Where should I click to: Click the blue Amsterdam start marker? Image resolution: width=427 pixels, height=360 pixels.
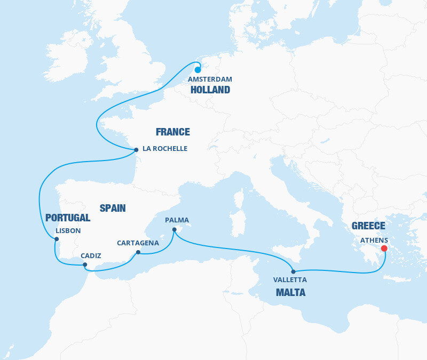point(197,69)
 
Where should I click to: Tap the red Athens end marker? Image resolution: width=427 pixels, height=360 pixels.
point(384,247)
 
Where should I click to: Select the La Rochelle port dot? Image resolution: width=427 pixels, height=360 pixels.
point(136,149)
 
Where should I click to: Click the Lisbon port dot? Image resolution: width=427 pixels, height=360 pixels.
point(56,239)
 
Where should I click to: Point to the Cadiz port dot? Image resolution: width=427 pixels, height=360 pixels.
point(85,264)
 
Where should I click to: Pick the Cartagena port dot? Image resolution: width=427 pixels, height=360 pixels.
point(138,252)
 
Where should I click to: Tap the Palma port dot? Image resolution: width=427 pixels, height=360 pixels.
point(174,230)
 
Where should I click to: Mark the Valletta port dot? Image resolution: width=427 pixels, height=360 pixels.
point(294,271)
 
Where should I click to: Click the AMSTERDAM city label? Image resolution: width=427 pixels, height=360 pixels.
point(210,79)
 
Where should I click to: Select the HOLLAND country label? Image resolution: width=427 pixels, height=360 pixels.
point(210,90)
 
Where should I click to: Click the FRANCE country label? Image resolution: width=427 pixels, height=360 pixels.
point(172,132)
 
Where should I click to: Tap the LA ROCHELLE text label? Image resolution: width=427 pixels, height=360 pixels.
point(165,149)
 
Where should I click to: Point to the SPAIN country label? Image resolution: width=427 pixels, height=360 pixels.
point(112,208)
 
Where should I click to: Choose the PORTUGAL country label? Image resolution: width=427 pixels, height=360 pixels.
point(68,218)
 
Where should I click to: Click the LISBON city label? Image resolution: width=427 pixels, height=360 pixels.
point(68,230)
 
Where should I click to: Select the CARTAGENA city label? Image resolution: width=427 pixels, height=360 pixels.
point(138,243)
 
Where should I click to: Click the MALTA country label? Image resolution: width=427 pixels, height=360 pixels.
point(290,292)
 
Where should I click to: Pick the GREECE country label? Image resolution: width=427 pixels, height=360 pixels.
point(368,226)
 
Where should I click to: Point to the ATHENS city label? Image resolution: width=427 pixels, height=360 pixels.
point(374,240)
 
